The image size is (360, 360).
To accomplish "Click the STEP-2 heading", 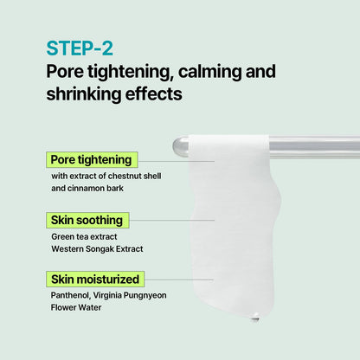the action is coord(80,48).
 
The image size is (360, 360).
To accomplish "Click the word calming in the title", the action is coord(209,72).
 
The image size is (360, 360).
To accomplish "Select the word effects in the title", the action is coord(154,93).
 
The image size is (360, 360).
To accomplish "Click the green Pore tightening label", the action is coord(92,160).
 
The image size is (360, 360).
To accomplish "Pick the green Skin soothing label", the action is coord(87,220).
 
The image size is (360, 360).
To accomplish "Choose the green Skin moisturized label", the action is coord(95,279).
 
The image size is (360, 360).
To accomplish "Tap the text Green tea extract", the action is coord(84,236).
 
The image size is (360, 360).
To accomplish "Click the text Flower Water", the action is coord(76,307).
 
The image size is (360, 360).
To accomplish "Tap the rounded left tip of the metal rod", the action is coord(175,146).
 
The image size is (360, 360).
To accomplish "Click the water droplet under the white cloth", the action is coord(255,318).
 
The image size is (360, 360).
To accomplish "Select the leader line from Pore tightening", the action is coord(176,161).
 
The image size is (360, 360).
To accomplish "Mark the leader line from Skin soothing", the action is coord(171,220).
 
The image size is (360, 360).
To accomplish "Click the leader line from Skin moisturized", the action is coord(179,280).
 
